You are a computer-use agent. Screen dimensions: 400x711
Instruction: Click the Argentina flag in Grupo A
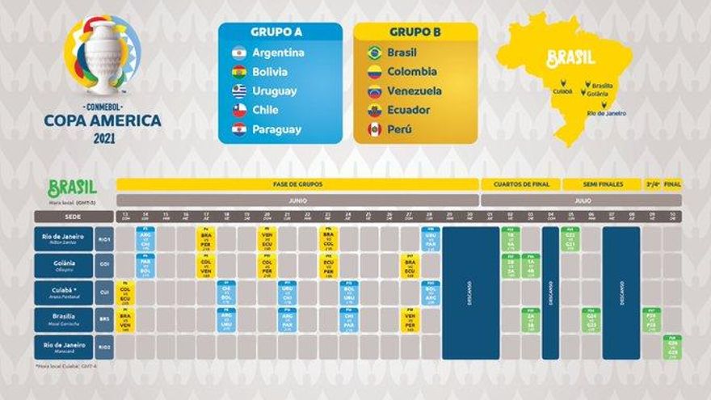click(x=238, y=53)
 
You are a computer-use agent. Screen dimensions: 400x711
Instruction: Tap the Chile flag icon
click(x=238, y=110)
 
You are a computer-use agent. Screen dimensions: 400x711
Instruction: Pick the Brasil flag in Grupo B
click(x=374, y=53)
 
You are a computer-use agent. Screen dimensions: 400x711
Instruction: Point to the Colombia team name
click(x=412, y=72)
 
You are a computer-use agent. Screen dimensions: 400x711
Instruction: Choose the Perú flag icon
click(x=374, y=129)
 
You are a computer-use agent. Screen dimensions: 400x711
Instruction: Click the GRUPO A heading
click(x=276, y=32)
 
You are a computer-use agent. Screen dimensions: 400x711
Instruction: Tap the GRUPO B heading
click(x=414, y=32)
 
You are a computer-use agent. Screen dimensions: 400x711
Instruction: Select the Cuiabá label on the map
click(x=562, y=91)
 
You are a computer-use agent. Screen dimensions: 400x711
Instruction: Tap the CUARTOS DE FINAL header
click(x=520, y=184)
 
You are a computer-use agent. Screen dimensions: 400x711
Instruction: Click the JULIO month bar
click(x=581, y=200)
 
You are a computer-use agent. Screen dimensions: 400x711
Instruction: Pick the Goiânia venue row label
click(x=64, y=265)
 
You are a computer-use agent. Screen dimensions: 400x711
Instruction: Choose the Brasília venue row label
click(x=64, y=319)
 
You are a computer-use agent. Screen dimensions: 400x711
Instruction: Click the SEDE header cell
click(x=74, y=217)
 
